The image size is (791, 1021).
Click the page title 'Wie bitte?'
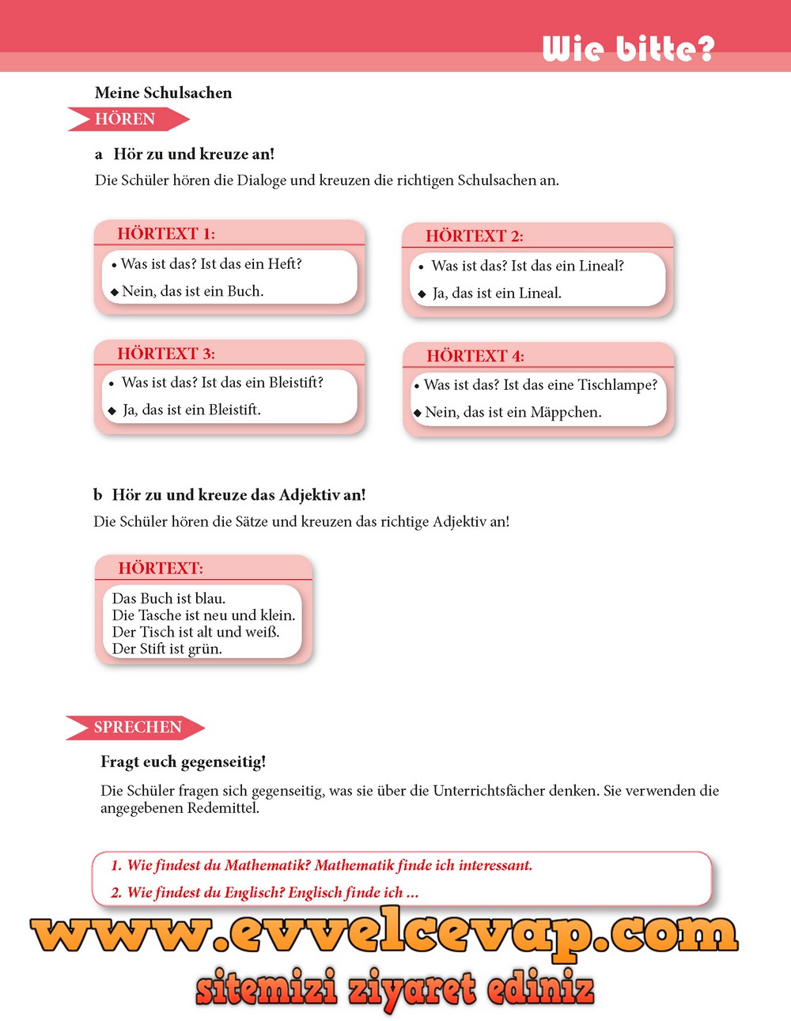628,49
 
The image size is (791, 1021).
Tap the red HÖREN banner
127,119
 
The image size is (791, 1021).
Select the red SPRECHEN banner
136,728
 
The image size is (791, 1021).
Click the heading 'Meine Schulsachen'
163,93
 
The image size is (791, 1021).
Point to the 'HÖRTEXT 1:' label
166,233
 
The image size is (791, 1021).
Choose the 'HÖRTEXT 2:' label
474,236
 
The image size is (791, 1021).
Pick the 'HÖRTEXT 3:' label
166,354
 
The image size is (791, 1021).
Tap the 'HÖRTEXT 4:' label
475,356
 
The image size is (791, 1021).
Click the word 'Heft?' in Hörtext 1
285,264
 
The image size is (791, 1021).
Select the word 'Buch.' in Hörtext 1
245,291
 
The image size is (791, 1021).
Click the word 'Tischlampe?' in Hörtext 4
617,385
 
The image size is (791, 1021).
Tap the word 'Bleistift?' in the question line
296,383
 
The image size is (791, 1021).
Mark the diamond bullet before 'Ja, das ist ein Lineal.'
422,294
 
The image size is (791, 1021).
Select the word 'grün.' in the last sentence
205,649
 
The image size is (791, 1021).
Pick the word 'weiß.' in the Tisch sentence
262,632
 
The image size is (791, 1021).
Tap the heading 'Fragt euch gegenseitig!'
183,762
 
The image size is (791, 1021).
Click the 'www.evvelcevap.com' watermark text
384,936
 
